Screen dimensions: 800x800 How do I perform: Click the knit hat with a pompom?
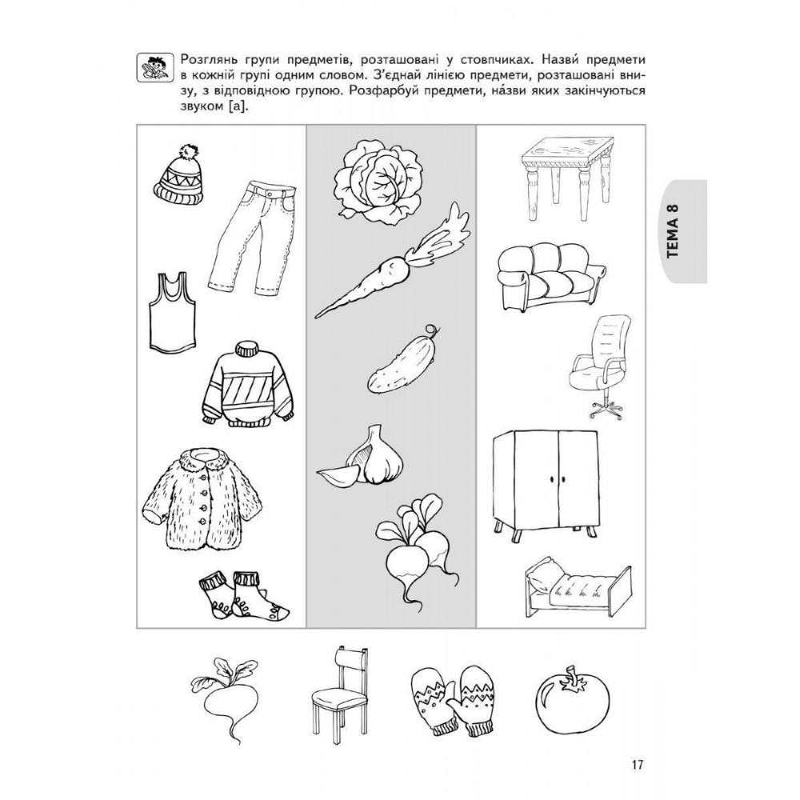(178, 175)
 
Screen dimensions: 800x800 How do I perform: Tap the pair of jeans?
(252, 238)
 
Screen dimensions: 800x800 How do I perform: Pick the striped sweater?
(249, 383)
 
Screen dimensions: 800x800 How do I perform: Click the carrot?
(393, 262)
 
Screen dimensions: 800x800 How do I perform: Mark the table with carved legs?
(566, 177)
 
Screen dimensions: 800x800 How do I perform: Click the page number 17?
(638, 765)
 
